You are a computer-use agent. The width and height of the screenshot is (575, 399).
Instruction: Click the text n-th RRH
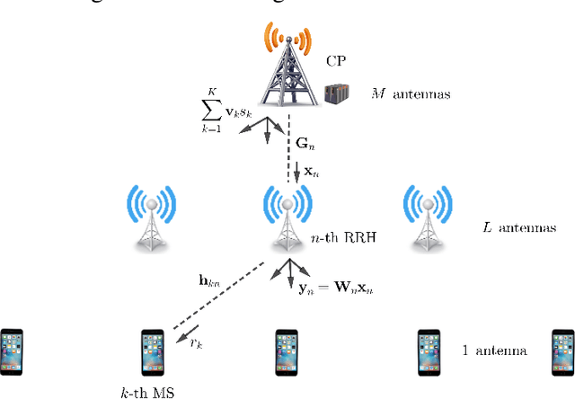pos(332,238)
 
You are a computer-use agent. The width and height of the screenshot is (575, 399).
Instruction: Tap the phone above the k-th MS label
pos(152,350)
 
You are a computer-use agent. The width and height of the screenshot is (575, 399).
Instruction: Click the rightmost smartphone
pos(562,350)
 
